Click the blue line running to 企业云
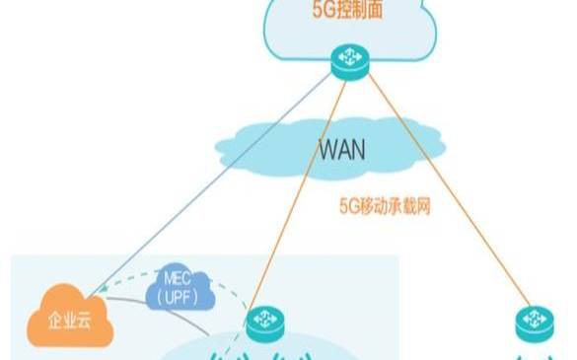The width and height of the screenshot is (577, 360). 217,178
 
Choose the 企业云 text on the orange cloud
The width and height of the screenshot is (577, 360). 70,321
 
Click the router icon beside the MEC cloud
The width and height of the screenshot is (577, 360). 264,321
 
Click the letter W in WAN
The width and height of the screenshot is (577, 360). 325,151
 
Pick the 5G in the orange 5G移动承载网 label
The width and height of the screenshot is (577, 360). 344,207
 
